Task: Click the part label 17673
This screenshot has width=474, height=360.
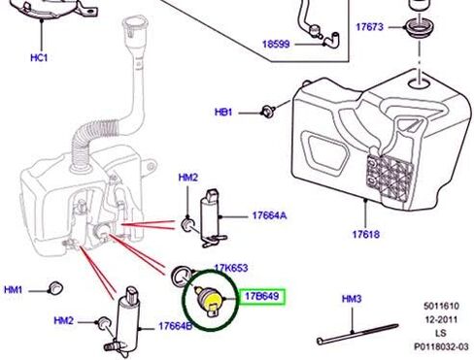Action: tap(369, 26)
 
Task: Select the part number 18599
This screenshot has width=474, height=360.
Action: tap(276, 44)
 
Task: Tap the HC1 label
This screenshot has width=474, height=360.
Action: tap(39, 58)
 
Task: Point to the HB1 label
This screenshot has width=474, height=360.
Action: tap(223, 113)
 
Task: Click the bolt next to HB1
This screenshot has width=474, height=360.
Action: tap(268, 111)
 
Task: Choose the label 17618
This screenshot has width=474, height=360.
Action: tap(366, 234)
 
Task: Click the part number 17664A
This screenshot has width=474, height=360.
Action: tap(269, 215)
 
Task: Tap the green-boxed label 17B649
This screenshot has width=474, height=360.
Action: tap(262, 296)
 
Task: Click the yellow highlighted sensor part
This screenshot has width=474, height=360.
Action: tap(210, 300)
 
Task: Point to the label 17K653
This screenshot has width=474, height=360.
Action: tap(231, 268)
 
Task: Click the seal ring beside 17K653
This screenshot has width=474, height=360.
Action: tap(181, 276)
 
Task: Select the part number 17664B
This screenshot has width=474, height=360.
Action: tap(175, 326)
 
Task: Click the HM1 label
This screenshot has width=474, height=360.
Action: tap(13, 290)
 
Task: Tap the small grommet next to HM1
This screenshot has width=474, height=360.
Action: tap(55, 288)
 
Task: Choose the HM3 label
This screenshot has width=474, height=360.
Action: tap(352, 299)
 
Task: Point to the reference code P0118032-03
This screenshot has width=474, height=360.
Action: tap(441, 346)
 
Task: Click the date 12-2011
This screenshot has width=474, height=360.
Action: tap(441, 319)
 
